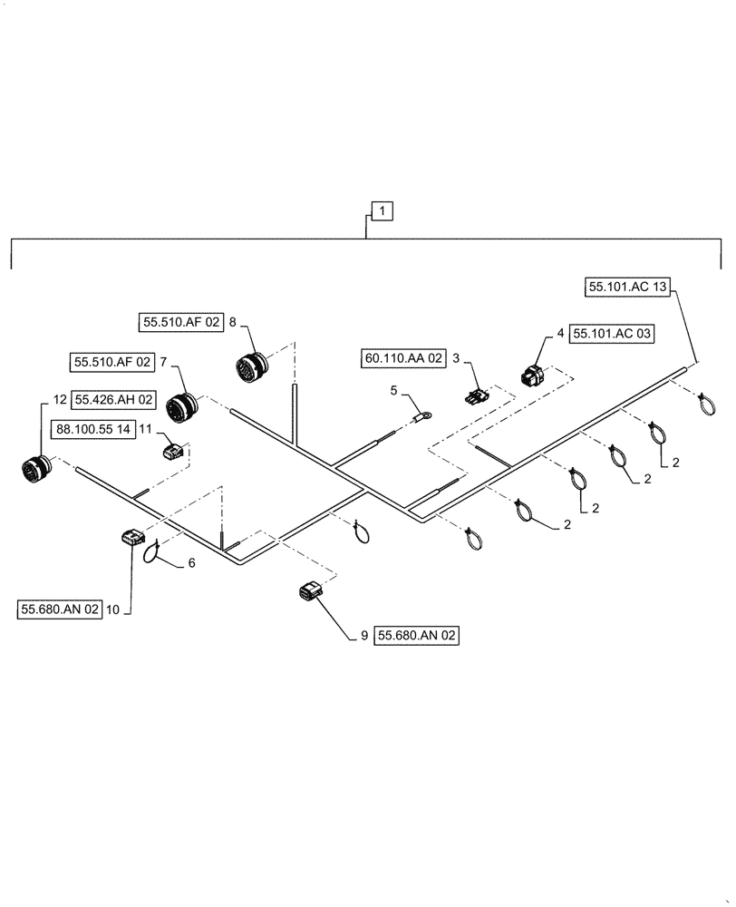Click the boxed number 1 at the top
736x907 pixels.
point(383,211)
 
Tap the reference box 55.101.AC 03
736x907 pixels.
point(612,334)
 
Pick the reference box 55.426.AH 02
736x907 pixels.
point(114,399)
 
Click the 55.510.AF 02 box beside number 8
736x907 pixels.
point(180,321)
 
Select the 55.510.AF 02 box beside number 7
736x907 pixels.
point(111,362)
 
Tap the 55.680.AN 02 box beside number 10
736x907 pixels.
point(58,610)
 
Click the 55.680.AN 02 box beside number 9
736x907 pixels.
point(418,637)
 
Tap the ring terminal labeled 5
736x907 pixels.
point(421,418)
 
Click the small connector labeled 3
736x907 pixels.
point(476,396)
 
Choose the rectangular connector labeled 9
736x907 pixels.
point(309,592)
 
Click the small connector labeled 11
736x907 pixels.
point(174,451)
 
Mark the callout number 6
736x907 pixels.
point(191,563)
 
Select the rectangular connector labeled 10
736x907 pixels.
point(131,539)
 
